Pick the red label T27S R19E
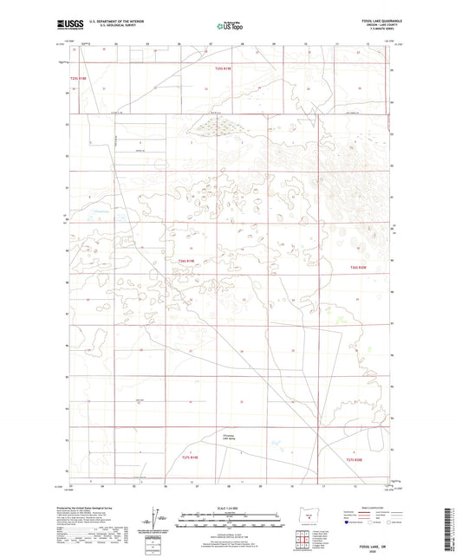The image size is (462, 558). coord(191,457)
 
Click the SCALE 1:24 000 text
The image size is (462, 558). coord(230,507)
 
